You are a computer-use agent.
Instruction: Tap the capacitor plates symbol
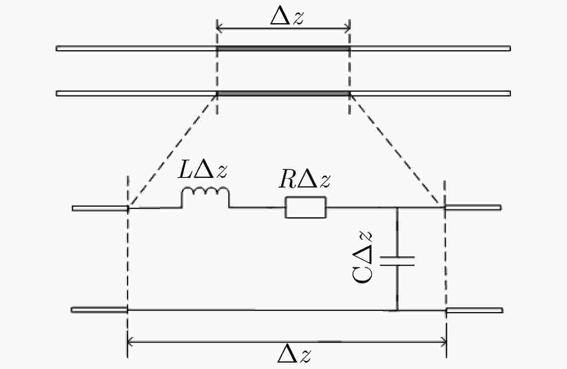(397, 261)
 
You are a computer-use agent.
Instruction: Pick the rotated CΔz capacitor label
(362, 257)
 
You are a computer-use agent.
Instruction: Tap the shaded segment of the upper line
(283, 48)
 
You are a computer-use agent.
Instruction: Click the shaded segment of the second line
(283, 93)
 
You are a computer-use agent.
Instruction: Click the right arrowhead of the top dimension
(348, 28)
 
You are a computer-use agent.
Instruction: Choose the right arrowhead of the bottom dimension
(444, 342)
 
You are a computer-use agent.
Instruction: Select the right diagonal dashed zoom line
(395, 149)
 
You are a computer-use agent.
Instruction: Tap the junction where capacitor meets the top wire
(397, 208)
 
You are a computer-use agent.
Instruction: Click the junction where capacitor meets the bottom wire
(397, 310)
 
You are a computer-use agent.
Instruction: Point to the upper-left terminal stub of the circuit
(100, 208)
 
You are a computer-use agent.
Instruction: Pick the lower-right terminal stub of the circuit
(475, 310)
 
